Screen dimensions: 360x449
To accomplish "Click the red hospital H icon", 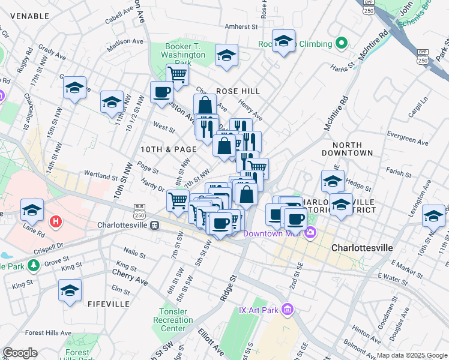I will [x=56, y=222].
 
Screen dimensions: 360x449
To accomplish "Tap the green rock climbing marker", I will [x=341, y=43].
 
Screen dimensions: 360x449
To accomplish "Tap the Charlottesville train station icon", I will [x=154, y=226].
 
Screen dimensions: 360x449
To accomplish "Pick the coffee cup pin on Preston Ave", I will [x=161, y=92].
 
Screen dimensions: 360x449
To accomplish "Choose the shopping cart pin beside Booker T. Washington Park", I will [x=178, y=74].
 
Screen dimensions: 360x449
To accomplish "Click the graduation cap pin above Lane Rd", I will [x=32, y=210].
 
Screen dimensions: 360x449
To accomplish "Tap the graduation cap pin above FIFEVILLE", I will [x=70, y=290].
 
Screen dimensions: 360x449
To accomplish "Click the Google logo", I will [x=20, y=353].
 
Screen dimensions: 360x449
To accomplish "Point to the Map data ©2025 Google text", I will [x=411, y=355].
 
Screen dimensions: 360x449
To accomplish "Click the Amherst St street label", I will [x=241, y=27].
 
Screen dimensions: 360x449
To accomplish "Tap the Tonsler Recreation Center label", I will [x=173, y=320].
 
